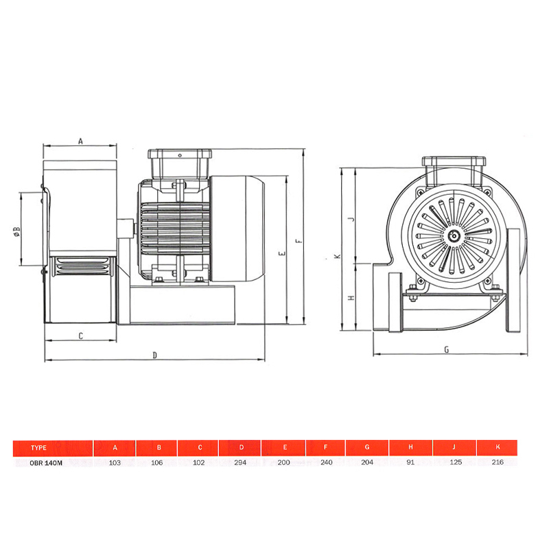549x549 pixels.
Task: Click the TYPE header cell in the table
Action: tap(53, 448)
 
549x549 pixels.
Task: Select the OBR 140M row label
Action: tap(46, 463)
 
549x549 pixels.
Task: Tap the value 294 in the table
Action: tap(240, 463)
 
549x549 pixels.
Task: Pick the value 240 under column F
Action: tap(327, 463)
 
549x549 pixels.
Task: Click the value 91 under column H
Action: tap(410, 463)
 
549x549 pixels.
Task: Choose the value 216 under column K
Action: tap(498, 462)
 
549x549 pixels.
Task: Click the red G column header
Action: tap(367, 447)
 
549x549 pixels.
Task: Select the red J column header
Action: tap(454, 447)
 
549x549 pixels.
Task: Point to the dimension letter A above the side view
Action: tap(80, 141)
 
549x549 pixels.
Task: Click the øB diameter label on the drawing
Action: tap(16, 231)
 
